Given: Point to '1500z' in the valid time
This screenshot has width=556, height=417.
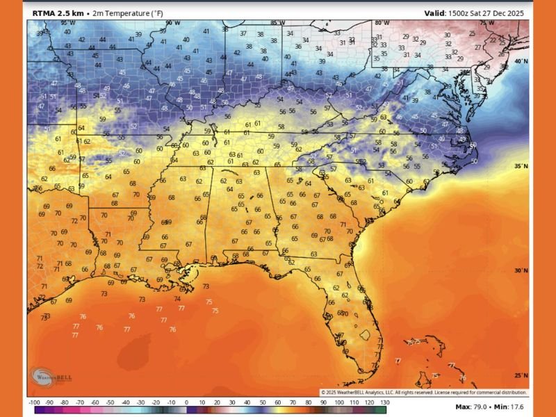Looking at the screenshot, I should click(x=461, y=13).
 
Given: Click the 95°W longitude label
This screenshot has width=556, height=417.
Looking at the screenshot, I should click(x=67, y=23).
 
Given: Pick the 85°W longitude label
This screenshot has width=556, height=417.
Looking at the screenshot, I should click(x=278, y=23).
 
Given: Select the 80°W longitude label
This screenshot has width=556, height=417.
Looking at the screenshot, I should click(x=382, y=23).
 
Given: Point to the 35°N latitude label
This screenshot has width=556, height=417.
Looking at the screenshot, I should click(x=521, y=167).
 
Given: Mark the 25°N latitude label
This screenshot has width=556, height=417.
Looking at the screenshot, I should click(x=521, y=375).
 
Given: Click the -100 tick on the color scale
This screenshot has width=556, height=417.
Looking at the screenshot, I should click(x=33, y=403).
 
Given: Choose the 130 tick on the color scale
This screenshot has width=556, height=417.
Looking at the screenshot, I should click(x=384, y=403).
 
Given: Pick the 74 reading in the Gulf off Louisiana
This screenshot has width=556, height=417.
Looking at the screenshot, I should click(x=177, y=299).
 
